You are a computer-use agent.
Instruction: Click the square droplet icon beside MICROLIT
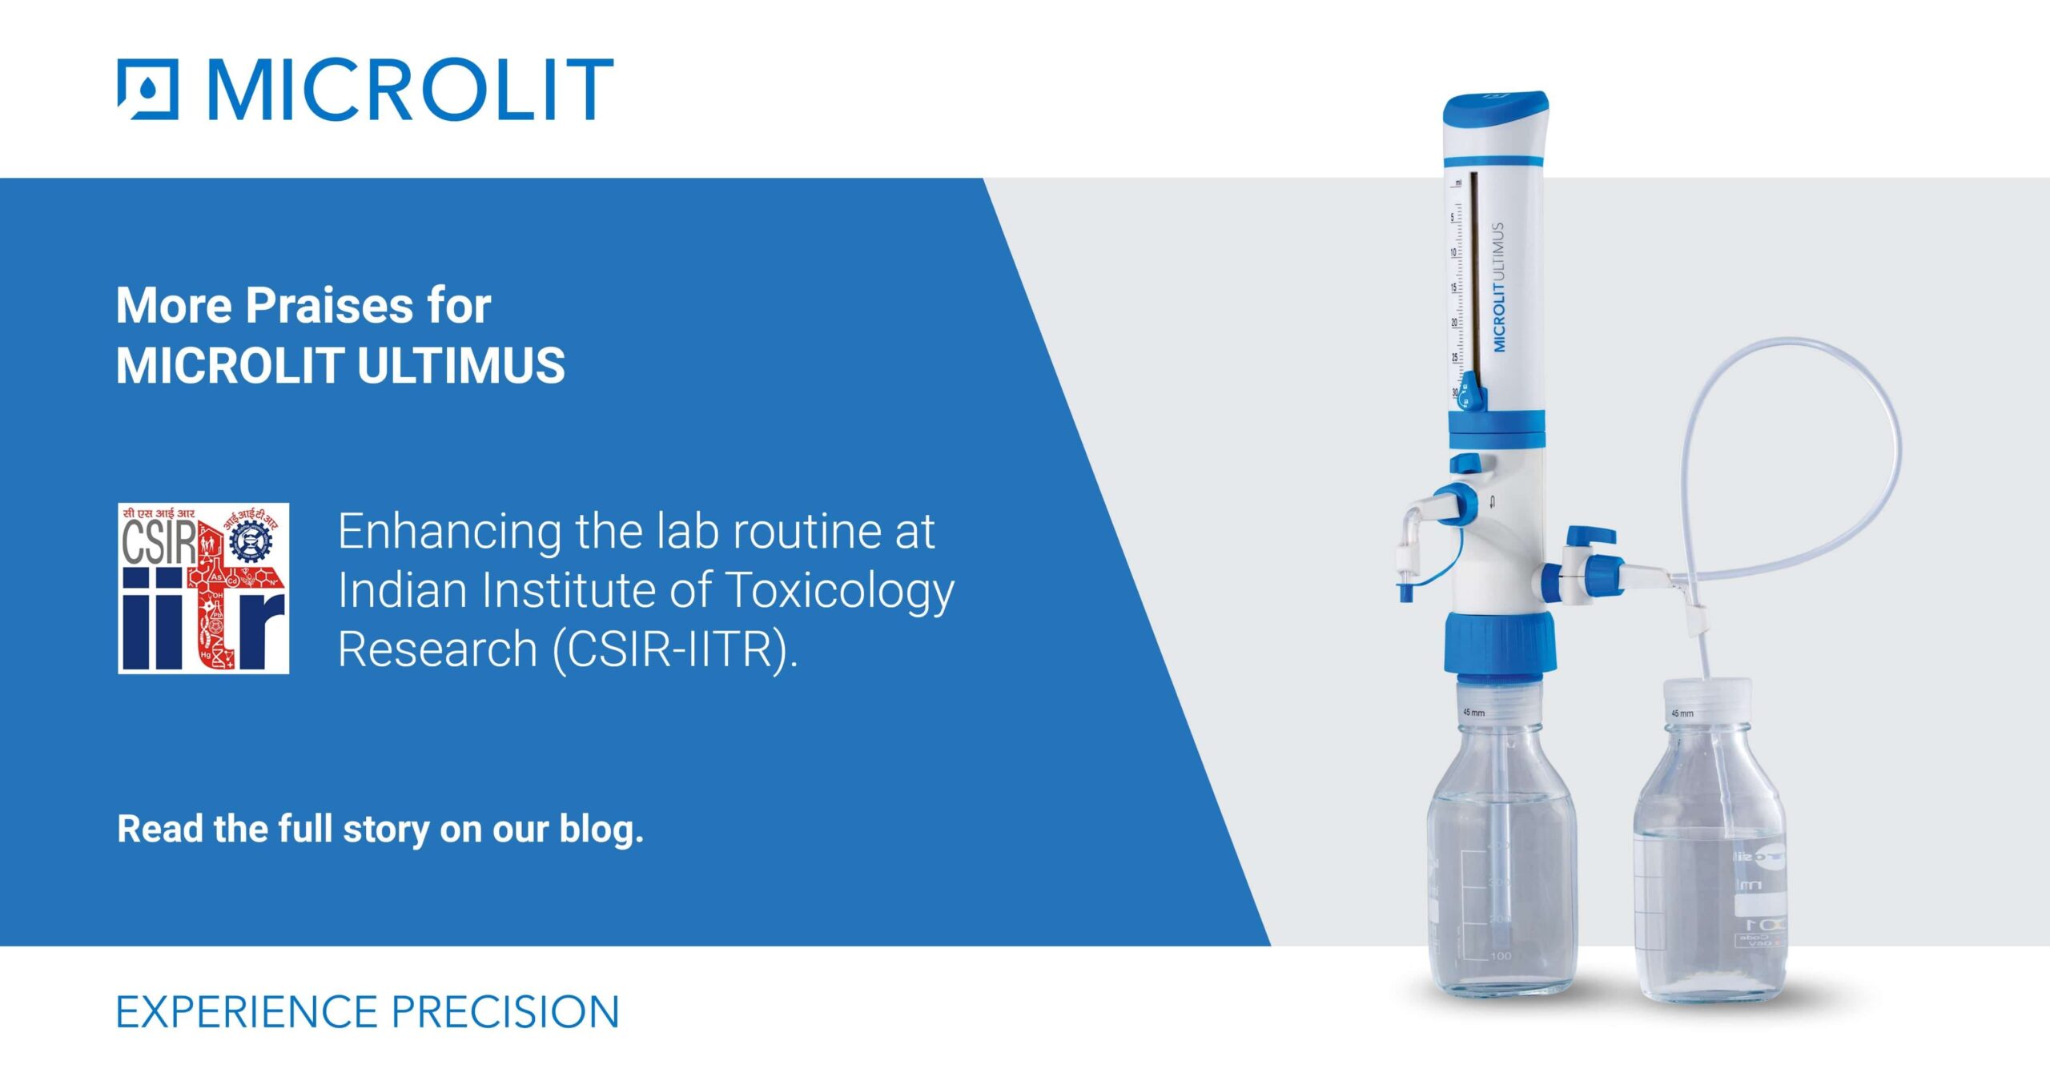[x=148, y=89]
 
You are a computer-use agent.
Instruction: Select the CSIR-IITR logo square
[x=203, y=588]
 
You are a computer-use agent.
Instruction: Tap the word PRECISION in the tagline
[x=505, y=1012]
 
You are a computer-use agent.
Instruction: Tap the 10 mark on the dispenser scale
[x=1453, y=252]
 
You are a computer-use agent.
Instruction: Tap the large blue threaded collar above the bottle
[x=1500, y=644]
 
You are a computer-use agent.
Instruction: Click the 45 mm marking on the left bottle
[x=1473, y=712]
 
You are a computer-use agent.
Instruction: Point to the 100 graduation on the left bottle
[x=1501, y=956]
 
